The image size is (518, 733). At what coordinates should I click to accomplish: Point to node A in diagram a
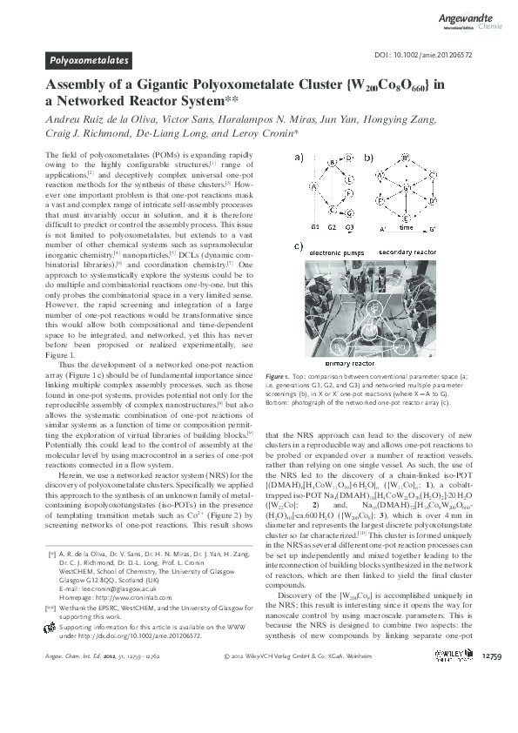pos(312,185)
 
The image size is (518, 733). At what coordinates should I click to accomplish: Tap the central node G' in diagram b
pos(407,187)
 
